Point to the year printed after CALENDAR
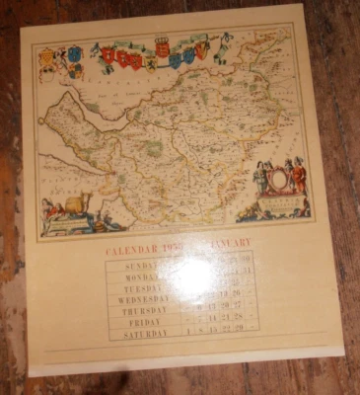coord(176,246)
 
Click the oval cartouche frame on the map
coord(278,181)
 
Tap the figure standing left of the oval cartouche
coord(260,178)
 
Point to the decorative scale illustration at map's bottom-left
coord(69,209)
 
